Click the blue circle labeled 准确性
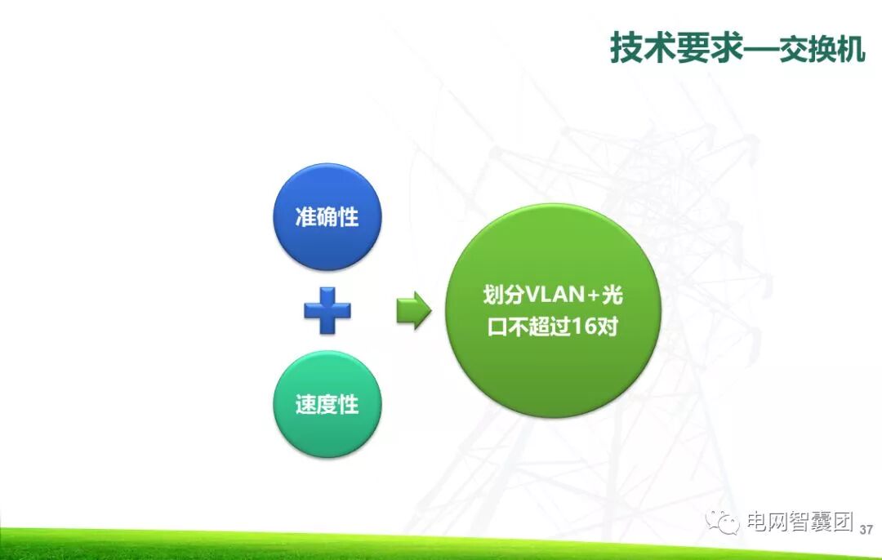(x=327, y=217)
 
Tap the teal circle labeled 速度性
(x=327, y=404)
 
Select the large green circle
(x=552, y=311)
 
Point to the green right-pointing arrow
(x=413, y=311)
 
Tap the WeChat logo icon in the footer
(x=723, y=522)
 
